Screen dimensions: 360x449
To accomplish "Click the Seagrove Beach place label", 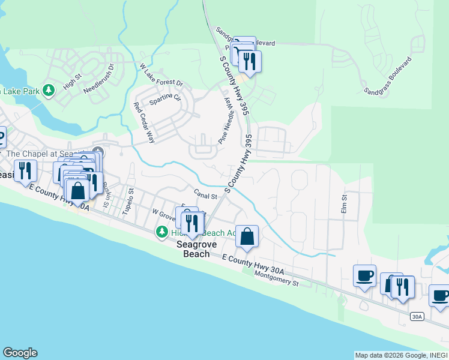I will pos(193,249).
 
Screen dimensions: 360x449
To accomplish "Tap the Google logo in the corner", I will pos(20,353).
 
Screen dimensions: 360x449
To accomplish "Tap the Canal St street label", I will pos(205,193).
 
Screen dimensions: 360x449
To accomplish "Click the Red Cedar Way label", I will pos(143,122).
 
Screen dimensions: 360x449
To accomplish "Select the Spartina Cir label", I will pos(165,98).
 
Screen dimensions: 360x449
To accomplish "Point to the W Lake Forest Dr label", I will pos(161,75).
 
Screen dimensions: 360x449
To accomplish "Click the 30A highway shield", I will pos(418,316).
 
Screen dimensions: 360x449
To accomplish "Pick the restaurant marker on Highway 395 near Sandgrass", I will pos(249,61).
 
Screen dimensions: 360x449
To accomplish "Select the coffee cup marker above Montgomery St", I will pos(364,276).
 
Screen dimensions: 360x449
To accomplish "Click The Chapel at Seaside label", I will pos(48,154).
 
